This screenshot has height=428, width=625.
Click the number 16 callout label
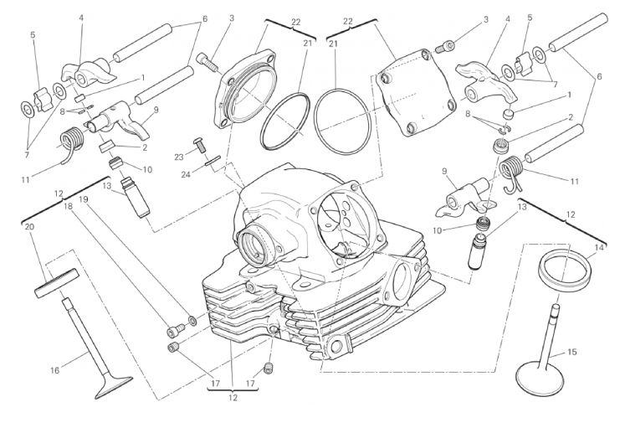(54, 370)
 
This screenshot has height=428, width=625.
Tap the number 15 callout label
(571, 353)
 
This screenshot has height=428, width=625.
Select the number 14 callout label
(599, 248)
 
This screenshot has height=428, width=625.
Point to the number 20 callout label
(29, 227)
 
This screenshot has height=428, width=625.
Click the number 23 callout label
(178, 157)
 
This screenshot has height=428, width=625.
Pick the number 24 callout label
(185, 174)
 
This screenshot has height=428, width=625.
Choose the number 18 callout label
(69, 206)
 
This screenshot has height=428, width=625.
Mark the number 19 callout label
(83, 199)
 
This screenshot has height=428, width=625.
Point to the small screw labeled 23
(199, 144)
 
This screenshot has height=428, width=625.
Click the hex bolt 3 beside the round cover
(207, 63)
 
